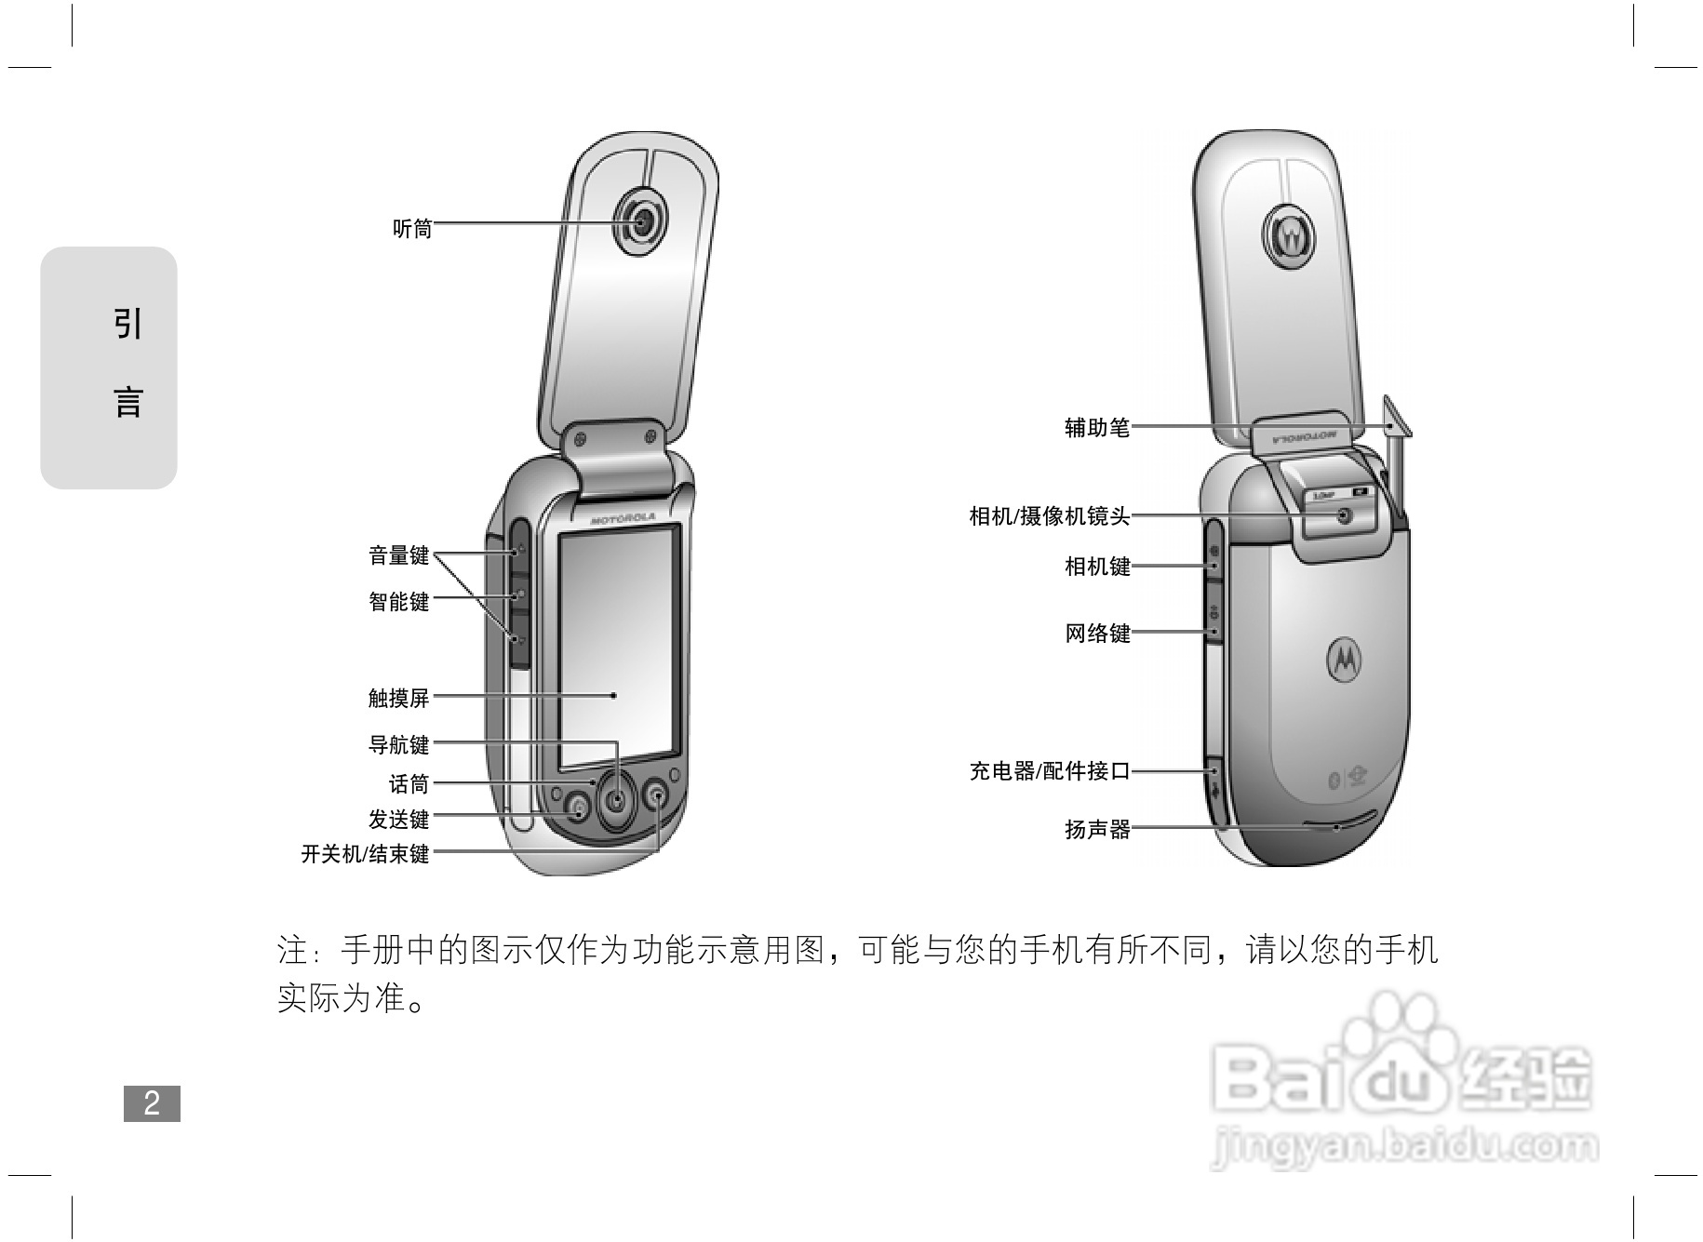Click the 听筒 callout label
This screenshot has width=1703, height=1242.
tap(412, 229)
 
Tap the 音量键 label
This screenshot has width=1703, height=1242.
tap(399, 556)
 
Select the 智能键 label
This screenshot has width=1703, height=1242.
tap(399, 602)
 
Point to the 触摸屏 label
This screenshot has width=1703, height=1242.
tap(399, 698)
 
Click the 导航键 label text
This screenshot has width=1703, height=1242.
tap(399, 745)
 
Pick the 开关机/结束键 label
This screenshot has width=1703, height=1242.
tap(365, 854)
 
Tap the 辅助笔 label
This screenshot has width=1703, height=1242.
tap(1097, 428)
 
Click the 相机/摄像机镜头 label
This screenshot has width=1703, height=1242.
tap(1049, 516)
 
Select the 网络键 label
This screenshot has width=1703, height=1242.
tap(1097, 634)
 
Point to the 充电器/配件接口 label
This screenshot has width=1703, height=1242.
tap(1049, 771)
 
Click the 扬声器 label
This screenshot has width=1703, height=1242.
tap(1097, 830)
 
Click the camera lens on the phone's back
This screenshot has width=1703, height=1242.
tap(1344, 516)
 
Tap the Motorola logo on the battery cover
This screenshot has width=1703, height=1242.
tap(1343, 660)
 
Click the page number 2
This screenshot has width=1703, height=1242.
tap(152, 1103)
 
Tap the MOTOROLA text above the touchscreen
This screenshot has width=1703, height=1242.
tap(623, 518)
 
